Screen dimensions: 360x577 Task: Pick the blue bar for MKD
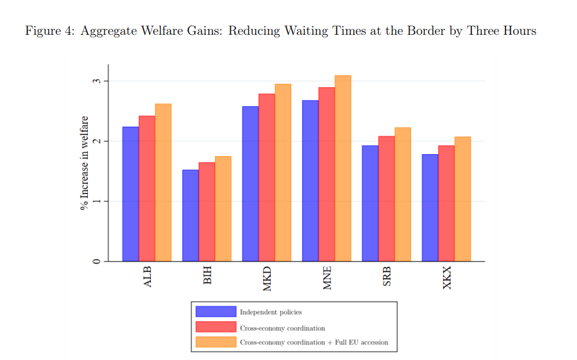point(250,184)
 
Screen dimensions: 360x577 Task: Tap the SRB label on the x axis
point(388,277)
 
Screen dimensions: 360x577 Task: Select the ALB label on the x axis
point(148,277)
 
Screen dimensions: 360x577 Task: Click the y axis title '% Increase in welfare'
point(84,162)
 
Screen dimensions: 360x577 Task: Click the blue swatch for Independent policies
point(215,311)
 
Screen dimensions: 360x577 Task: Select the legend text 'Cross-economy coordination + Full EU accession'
point(313,342)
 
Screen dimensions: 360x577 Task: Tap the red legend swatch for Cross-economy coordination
point(215,327)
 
